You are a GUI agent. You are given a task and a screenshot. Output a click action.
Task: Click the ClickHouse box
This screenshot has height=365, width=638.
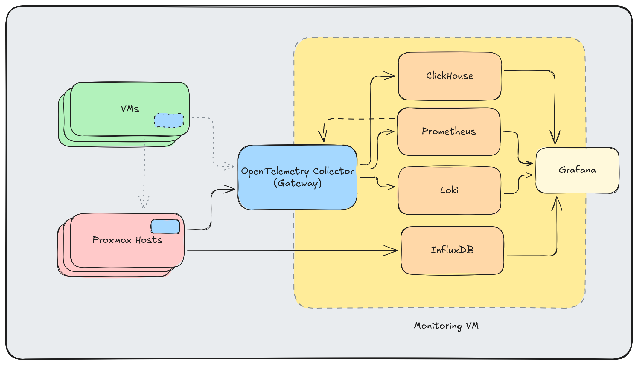450,76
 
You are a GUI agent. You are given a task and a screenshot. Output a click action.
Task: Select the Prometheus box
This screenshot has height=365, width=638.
449,132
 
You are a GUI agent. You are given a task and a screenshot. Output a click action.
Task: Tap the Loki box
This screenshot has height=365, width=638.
449,190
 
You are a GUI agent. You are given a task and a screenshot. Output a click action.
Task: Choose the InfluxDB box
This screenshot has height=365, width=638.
452,250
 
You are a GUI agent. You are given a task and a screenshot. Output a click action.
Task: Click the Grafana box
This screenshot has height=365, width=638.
577,170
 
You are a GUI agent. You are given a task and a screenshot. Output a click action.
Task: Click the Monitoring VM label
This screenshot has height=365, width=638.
446,326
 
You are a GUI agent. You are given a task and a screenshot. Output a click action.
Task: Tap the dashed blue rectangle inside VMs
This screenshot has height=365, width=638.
169,120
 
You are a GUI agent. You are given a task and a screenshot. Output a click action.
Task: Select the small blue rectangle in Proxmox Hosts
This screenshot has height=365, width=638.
165,227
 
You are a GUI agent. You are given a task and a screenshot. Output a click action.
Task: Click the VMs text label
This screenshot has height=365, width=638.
130,109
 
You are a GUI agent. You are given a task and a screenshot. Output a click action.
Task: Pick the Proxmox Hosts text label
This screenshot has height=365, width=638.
127,240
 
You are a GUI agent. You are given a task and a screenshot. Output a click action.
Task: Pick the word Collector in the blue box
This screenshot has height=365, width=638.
333,171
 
